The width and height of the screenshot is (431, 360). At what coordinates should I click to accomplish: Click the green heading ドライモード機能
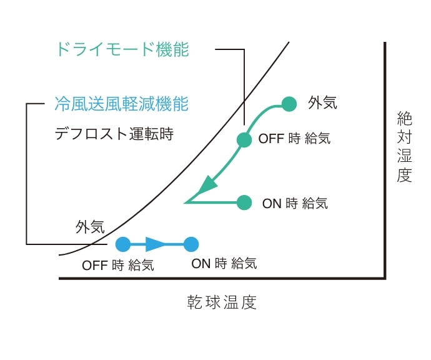point(122,49)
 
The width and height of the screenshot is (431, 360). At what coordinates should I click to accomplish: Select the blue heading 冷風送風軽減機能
point(122,104)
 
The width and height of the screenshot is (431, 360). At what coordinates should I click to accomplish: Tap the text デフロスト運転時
point(114,134)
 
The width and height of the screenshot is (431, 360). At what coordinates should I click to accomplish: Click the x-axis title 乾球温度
point(222,302)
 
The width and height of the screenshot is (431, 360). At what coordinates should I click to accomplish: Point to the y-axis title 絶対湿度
point(404,147)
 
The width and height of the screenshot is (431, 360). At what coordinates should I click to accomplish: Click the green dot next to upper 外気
point(289,104)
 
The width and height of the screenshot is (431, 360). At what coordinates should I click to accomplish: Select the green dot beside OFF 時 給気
point(244,140)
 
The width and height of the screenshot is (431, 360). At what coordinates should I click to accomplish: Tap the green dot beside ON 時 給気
point(244,202)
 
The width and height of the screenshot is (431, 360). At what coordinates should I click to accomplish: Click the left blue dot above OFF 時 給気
point(123,244)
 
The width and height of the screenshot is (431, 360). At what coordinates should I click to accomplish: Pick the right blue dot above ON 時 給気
point(191,244)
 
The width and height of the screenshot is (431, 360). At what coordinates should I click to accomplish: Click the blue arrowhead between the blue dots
point(155,244)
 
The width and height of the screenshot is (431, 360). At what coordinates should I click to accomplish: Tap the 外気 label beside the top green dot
point(322,103)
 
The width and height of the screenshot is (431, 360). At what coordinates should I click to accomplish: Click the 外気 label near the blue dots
point(90,227)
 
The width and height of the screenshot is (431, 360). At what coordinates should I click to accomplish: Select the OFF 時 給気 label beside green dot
point(294,138)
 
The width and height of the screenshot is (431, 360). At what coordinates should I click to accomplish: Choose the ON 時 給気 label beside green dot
point(295,204)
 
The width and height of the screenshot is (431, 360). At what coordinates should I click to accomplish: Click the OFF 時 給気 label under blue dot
point(118,266)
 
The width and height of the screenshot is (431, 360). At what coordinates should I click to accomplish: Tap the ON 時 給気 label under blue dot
point(224,264)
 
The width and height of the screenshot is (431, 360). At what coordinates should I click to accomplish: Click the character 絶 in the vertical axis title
point(404,119)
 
